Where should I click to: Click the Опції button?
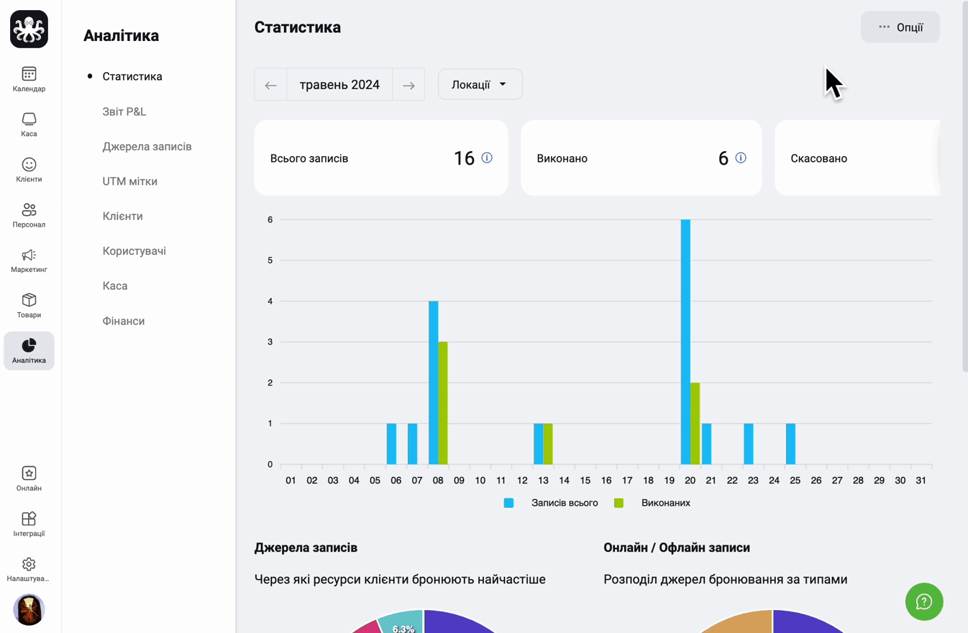(900, 27)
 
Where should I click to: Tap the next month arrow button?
(408, 85)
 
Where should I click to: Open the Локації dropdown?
(480, 85)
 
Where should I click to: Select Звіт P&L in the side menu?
(124, 111)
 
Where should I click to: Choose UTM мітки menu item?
(129, 181)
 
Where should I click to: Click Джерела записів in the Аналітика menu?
(147, 147)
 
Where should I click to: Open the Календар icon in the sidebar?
(29, 74)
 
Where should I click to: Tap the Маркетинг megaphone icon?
(29, 255)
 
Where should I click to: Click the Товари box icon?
(29, 300)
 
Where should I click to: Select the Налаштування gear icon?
(29, 564)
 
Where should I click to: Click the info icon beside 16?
(487, 158)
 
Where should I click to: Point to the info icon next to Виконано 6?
(741, 158)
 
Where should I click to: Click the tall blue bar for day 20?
(685, 342)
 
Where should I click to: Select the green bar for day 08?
(443, 403)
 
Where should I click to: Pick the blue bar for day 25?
(790, 444)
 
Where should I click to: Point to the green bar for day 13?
(548, 444)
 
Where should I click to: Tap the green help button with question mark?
(924, 601)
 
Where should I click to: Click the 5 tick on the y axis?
(270, 260)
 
